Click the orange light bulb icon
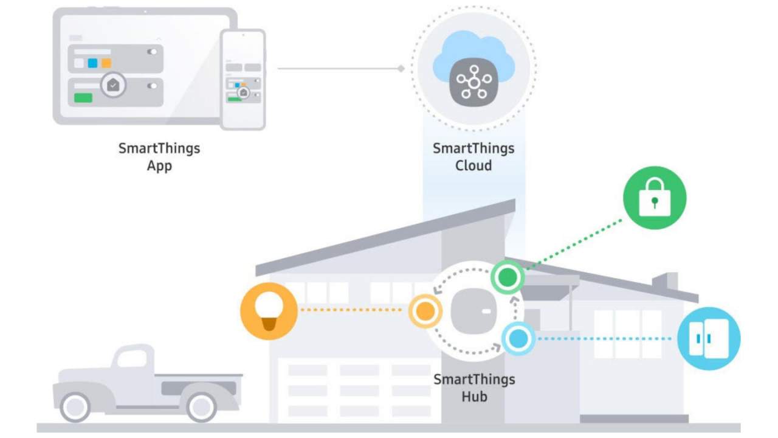coord(269,311)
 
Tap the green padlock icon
coord(655,198)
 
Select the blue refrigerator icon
coord(709,338)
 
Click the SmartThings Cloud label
coord(473,157)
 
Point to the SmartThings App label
coord(159,157)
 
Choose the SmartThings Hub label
coord(474,388)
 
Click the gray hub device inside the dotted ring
coord(473,311)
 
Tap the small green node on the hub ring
coord(508,277)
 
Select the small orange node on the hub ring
coord(425,311)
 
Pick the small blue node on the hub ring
coord(518,339)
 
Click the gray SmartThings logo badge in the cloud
coord(473,82)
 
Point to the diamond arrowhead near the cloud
coord(401,69)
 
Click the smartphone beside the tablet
coord(243,80)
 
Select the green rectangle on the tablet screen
coord(83,98)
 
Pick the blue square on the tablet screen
coord(92,63)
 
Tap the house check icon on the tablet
coord(113,85)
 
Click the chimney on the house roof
coord(666,281)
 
